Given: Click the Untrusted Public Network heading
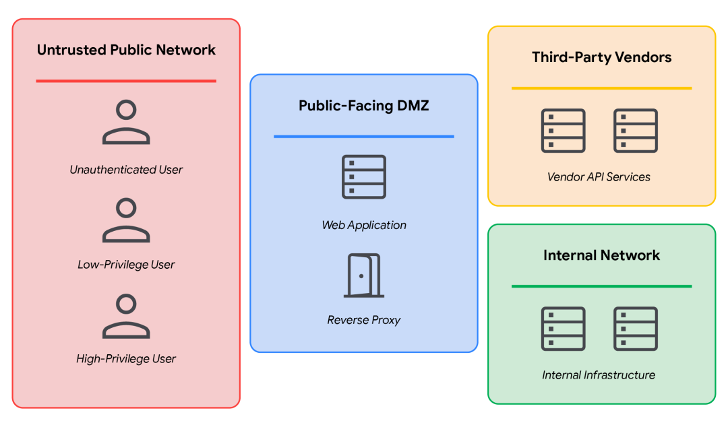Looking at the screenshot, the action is [126, 50].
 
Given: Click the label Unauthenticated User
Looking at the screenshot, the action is [126, 170].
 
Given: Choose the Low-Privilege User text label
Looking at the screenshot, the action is [126, 265].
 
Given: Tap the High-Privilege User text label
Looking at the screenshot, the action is [126, 359].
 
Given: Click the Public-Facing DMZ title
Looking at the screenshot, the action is [363, 105].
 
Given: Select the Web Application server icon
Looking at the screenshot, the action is [364, 177].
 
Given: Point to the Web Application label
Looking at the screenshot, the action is [364, 225].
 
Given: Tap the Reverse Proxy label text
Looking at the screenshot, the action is [363, 320].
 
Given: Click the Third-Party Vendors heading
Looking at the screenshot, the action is [602, 57].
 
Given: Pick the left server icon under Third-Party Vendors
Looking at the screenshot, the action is [563, 131].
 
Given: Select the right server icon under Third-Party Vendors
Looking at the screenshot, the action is [636, 131].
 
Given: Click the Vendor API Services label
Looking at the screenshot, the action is [599, 177].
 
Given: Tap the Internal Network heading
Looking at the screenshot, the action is [602, 255].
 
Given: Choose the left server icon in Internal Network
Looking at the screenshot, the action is [563, 329].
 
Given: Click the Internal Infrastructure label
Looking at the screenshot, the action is [599, 375].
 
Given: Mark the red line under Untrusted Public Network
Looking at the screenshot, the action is [126, 81].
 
